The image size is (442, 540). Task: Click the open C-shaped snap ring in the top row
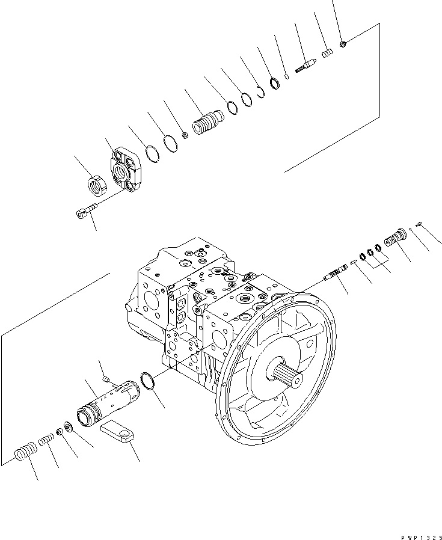coord(260,92)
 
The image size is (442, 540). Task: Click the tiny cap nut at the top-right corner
coord(342,43)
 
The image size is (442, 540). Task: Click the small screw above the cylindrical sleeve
coord(106,378)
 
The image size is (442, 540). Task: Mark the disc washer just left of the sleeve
coord(66,428)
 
